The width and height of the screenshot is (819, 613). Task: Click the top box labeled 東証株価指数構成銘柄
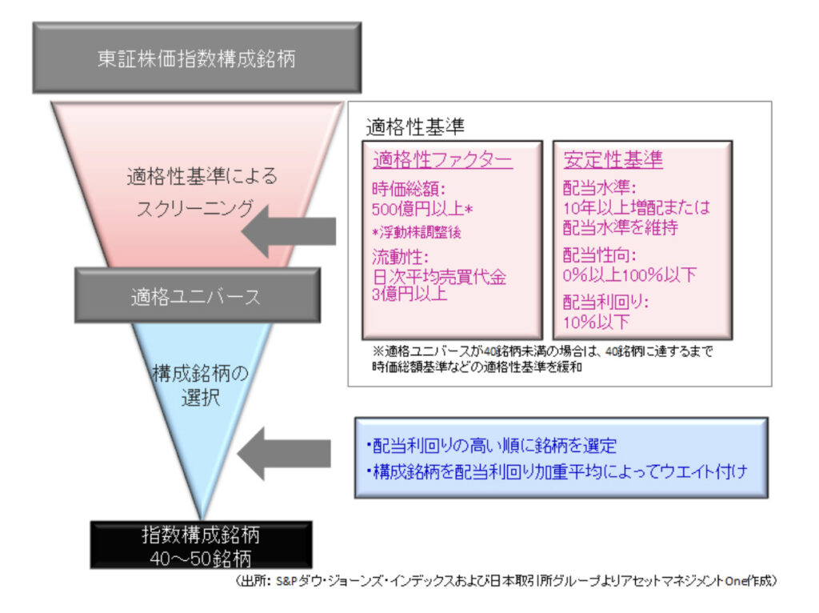[x=196, y=58]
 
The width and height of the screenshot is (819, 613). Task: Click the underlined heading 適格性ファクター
[x=442, y=160]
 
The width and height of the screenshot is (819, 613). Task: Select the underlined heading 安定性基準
[x=613, y=160]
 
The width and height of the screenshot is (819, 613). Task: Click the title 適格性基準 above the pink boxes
[x=415, y=126]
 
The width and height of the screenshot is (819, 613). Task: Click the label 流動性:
[x=403, y=258]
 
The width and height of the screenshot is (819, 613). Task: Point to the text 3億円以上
[x=409, y=294]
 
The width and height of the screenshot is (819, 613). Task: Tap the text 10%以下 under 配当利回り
[x=597, y=323]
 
